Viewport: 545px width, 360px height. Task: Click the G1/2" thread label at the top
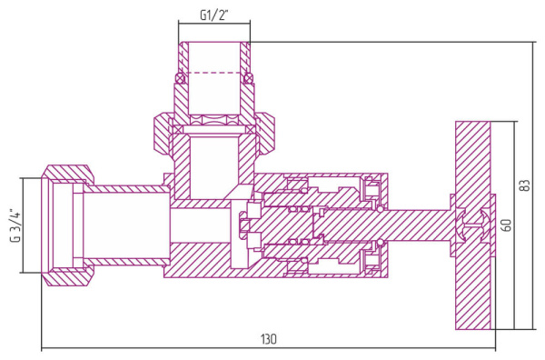pos(213,15)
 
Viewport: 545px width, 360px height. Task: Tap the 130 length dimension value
pos(268,338)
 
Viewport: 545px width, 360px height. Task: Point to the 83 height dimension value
pos(524,185)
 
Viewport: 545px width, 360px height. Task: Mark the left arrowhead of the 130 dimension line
pos(45,347)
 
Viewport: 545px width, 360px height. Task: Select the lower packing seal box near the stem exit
pos(371,260)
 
